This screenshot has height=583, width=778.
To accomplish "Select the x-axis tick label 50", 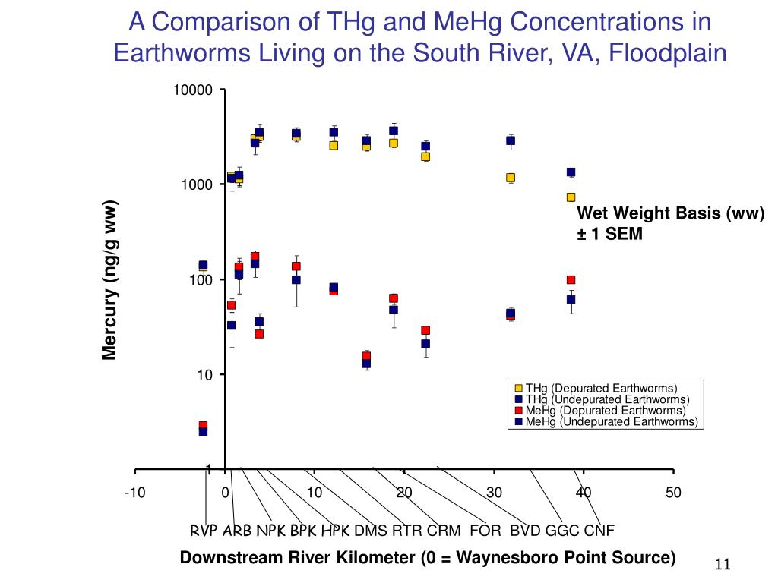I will click(x=673, y=493).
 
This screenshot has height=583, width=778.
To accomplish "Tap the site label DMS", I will click(x=371, y=530).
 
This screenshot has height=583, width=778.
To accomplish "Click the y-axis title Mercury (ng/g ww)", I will click(x=110, y=281).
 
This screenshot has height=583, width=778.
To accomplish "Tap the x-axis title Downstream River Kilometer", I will click(x=427, y=558).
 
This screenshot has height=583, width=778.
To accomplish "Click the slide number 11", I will click(x=722, y=565).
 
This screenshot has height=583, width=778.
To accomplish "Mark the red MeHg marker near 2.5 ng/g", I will click(x=203, y=426).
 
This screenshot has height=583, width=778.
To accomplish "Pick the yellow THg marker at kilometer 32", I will click(x=511, y=178).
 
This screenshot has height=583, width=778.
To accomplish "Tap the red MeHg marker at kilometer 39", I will click(x=571, y=279).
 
